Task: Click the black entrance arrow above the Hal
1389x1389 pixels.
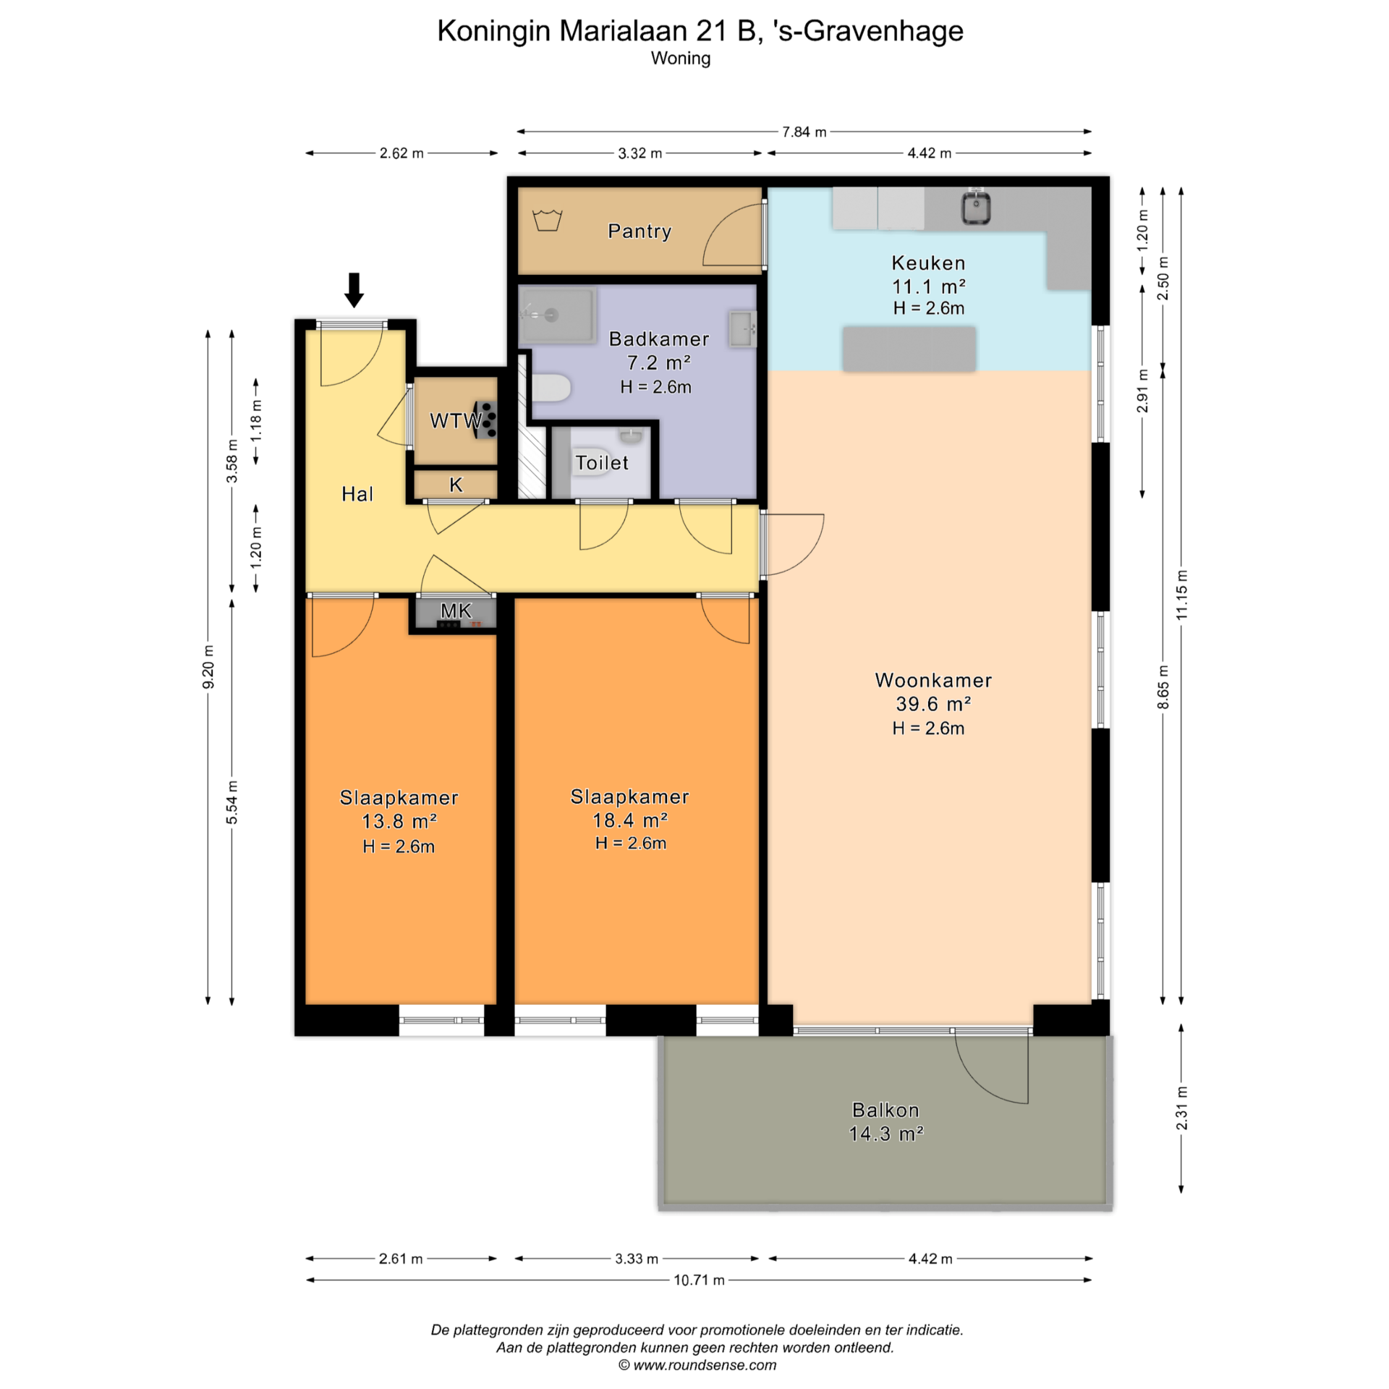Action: click(354, 289)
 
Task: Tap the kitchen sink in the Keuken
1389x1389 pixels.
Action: click(975, 207)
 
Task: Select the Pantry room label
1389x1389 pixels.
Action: click(640, 231)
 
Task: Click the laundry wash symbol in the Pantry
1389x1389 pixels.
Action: click(548, 219)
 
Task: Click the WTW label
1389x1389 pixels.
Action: click(456, 420)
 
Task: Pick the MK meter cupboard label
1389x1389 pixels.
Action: click(456, 611)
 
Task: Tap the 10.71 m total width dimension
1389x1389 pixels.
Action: click(699, 1280)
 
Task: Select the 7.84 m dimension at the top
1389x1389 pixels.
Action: click(804, 132)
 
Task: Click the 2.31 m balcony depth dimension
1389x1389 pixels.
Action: click(1181, 1108)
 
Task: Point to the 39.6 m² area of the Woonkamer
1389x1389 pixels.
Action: click(933, 703)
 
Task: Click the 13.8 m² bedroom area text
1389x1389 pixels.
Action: click(399, 821)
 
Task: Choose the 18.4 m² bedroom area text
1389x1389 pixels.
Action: click(630, 820)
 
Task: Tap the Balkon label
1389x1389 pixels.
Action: click(885, 1110)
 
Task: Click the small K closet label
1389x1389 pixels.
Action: click(456, 485)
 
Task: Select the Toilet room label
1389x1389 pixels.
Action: click(602, 462)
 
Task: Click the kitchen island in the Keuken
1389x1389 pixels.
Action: click(909, 349)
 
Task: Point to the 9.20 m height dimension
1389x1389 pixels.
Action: click(208, 666)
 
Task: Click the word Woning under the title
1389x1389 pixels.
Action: click(681, 58)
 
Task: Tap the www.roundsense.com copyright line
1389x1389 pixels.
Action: click(697, 1365)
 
